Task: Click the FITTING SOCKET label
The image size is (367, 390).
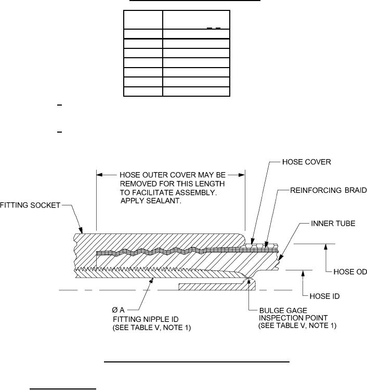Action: point(32,205)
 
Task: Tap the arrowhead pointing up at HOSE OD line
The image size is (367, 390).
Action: point(325,247)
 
